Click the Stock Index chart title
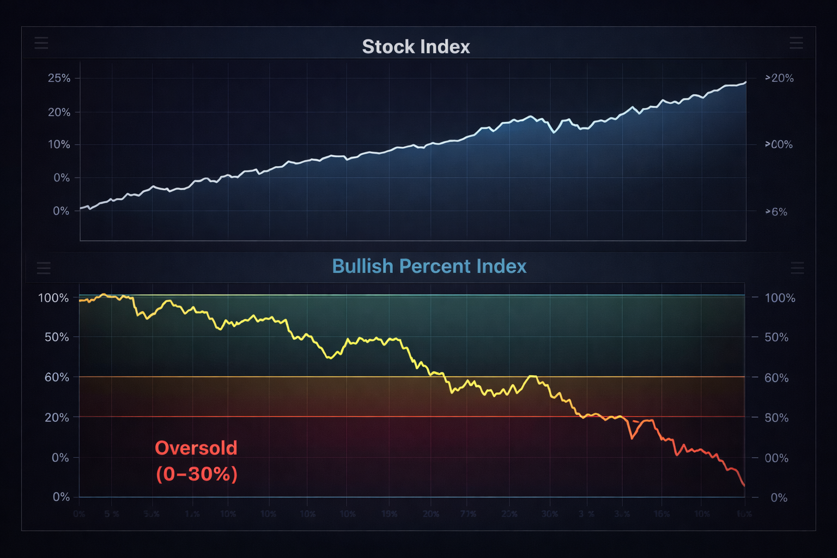point(416,47)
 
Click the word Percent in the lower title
point(435,266)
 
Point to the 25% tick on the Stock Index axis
point(59,78)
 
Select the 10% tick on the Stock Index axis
point(59,145)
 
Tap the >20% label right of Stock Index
point(779,78)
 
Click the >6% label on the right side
point(777,212)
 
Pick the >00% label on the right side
point(779,145)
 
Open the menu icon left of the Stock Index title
point(41,43)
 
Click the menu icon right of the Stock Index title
point(796,43)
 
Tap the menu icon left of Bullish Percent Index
point(44,268)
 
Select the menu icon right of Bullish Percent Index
point(797,268)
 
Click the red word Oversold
point(196,448)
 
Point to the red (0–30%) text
point(197,474)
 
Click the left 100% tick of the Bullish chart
point(53,298)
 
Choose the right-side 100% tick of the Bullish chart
point(780,298)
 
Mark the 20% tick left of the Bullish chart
point(57,417)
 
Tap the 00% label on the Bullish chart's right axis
point(777,458)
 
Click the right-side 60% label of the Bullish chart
point(777,378)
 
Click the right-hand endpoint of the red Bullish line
point(744,485)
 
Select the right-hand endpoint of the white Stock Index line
point(745,82)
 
